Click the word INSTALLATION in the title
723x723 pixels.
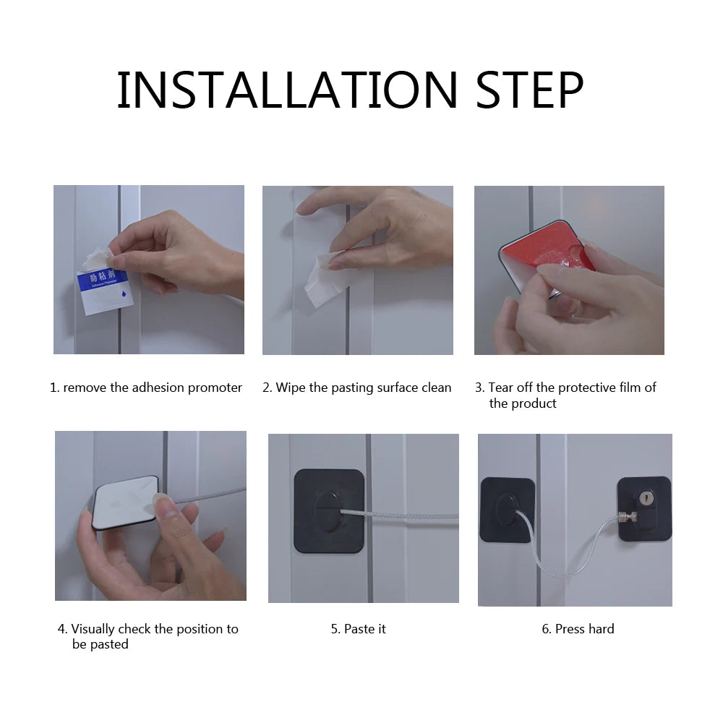287,90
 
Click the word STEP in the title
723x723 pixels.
529,90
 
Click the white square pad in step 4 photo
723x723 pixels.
125,502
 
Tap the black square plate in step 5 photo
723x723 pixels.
329,510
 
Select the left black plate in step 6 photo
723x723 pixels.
507,509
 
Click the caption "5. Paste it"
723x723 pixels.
359,629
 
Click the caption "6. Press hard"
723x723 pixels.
578,629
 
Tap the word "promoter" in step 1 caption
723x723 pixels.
215,388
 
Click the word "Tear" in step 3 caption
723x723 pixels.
500,388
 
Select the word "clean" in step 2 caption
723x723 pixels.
436,388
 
